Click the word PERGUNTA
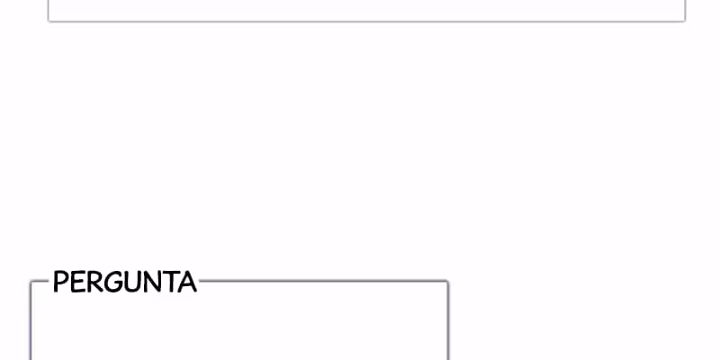pyautogui.click(x=124, y=283)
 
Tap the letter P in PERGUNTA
pyautogui.click(x=60, y=283)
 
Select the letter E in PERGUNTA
pyautogui.click(x=77, y=283)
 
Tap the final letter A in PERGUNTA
pyautogui.click(x=186, y=283)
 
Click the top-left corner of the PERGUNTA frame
pyautogui.click(x=31, y=282)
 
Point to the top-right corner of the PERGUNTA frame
pyautogui.click(x=446, y=282)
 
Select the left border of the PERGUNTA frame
pyautogui.click(x=31, y=324)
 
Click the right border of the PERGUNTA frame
pyautogui.click(x=447, y=324)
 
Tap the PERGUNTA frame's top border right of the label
pyautogui.click(x=324, y=281)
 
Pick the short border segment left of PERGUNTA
pyautogui.click(x=40, y=281)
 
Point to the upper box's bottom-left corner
pyautogui.click(x=49, y=20)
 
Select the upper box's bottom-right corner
pyautogui.click(x=684, y=20)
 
